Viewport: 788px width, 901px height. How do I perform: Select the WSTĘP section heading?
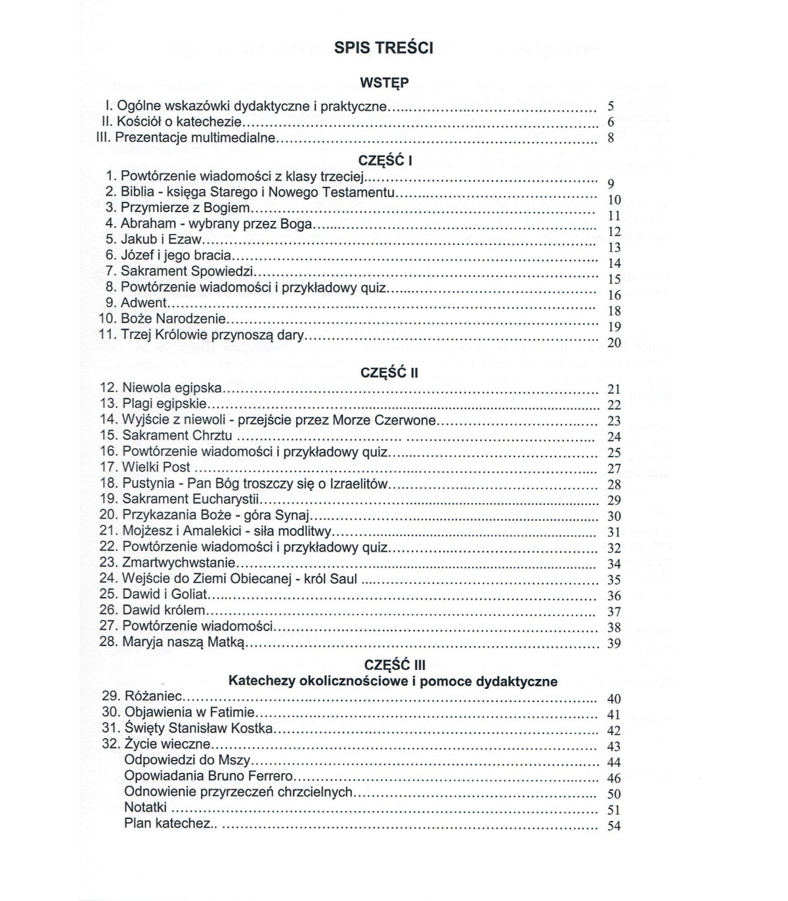pos(385,83)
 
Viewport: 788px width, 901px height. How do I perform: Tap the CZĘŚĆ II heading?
pos(389,373)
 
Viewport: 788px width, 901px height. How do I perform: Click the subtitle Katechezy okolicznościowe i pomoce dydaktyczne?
pos(393,681)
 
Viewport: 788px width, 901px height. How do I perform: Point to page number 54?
pos(613,826)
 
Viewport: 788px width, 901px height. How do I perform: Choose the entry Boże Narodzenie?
pos(173,319)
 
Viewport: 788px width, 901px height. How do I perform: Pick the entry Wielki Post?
pos(156,467)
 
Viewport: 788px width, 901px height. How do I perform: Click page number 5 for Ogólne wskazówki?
pos(611,106)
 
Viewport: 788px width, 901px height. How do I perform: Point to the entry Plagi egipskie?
pos(164,404)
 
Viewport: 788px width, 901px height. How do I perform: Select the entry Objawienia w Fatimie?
pos(189,712)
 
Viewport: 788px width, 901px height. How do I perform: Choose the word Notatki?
pos(145,807)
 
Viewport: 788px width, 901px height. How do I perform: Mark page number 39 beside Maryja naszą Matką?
pos(613,644)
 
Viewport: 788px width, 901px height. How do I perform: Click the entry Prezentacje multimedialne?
pos(195,138)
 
